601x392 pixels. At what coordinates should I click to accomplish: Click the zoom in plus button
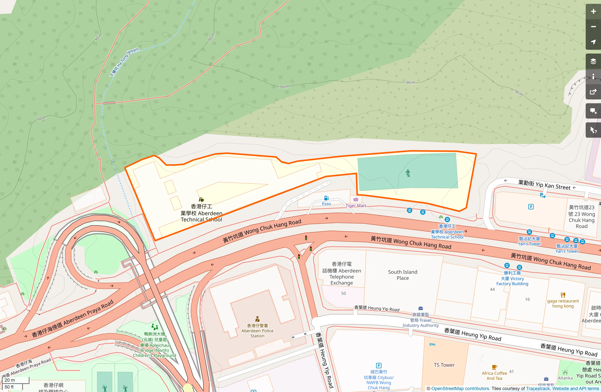tap(593, 11)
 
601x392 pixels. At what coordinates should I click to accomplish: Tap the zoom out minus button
tap(593, 27)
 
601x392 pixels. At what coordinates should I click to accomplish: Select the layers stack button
tap(593, 61)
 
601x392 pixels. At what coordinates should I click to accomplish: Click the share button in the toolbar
tap(593, 92)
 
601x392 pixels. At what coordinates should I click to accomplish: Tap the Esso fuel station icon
tap(326, 198)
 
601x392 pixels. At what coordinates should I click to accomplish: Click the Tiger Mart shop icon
tap(356, 200)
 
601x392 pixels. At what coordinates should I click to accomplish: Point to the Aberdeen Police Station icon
tap(257, 319)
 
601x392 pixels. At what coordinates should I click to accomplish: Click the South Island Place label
tap(403, 275)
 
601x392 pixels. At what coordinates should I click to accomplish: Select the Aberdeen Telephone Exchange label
tap(342, 273)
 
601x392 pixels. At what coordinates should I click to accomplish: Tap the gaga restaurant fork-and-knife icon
tap(563, 295)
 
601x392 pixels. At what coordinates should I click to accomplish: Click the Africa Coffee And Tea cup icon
tap(494, 367)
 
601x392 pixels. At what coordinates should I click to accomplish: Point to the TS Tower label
tap(444, 365)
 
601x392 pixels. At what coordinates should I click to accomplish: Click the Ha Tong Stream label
tap(124, 62)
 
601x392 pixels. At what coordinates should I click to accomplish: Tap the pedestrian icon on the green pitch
tap(408, 173)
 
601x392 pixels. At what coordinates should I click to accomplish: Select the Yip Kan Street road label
tap(544, 185)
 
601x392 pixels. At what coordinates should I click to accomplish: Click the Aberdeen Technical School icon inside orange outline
tap(201, 200)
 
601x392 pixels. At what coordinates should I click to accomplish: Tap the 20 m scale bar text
tap(10, 380)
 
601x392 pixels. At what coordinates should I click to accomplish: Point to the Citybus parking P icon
tap(379, 366)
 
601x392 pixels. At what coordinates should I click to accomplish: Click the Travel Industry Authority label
tap(420, 320)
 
